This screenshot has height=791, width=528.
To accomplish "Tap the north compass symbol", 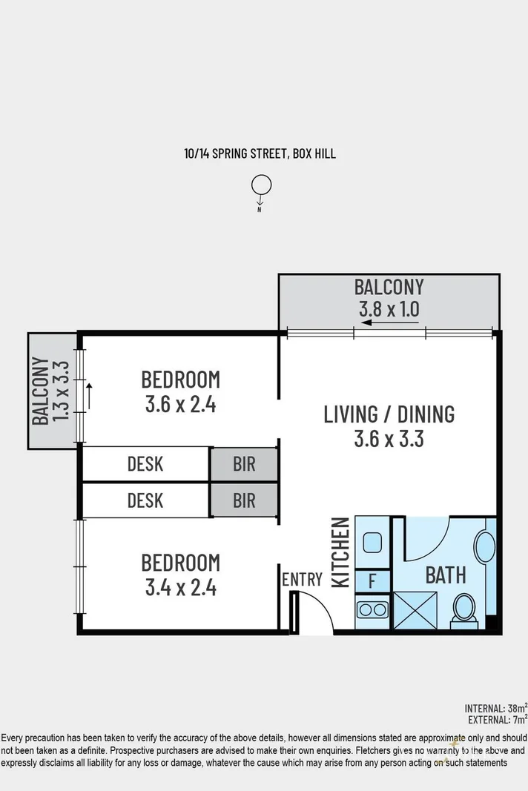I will pos(260,185).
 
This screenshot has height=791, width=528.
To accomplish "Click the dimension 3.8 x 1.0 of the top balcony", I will pos(389,308).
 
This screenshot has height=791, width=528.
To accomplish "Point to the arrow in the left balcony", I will pos(90,396).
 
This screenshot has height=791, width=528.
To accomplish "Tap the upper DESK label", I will pos(145,464).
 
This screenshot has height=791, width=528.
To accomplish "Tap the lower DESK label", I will pos(145,500).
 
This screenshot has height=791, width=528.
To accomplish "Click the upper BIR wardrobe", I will pos(244,464).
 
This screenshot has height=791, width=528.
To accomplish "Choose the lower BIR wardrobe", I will pos(244,500).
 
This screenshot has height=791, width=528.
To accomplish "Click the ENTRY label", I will pos(302,580).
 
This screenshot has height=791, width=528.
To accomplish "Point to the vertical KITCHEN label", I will pos(340,552).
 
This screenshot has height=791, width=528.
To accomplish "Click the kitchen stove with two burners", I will pos(372,611).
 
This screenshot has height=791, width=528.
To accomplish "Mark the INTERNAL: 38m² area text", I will pos(495,707).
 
